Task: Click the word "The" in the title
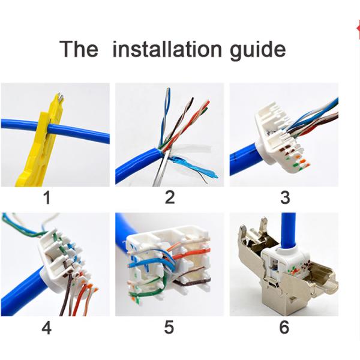point(79,49)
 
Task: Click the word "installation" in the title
point(167,49)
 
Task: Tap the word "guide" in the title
point(258,50)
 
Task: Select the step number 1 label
point(47,197)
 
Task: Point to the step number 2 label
point(170,197)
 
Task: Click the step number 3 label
point(285,197)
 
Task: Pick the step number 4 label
point(47,328)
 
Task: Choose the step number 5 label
point(169,327)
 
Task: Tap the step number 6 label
point(284,327)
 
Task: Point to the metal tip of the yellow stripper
point(60,96)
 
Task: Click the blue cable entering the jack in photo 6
point(288,231)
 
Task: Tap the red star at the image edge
point(358,29)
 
